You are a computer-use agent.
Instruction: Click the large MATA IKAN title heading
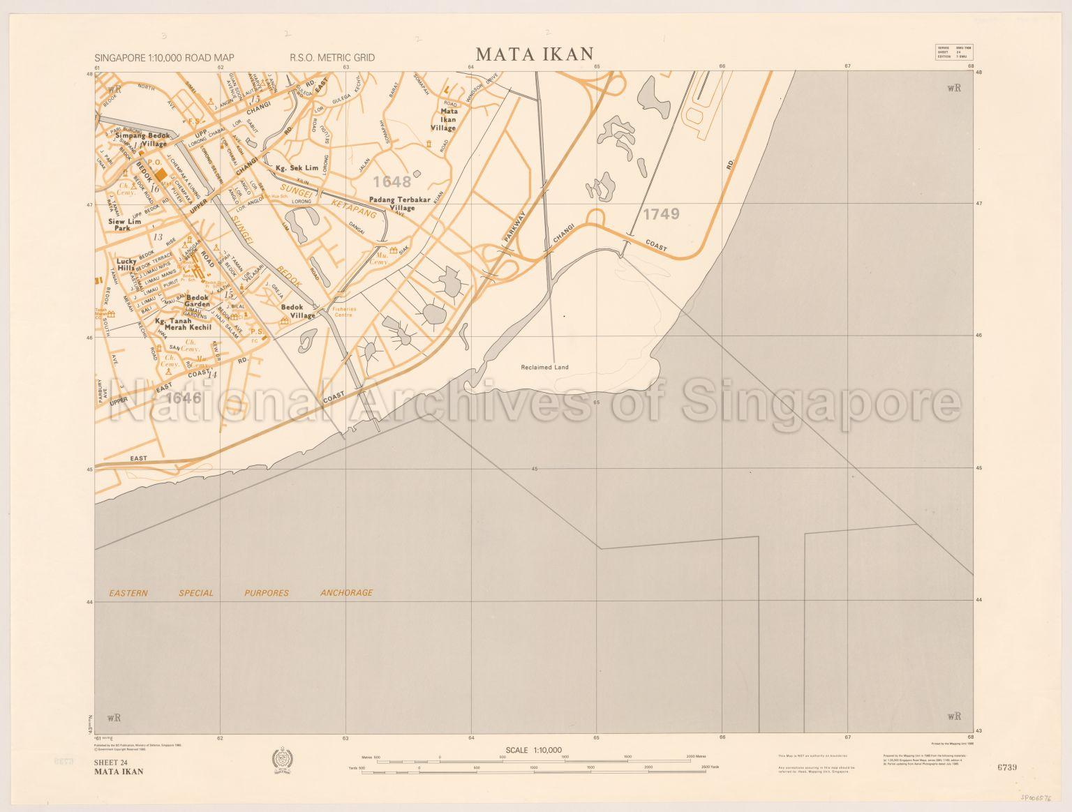click(534, 54)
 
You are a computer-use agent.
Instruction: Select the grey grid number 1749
click(661, 214)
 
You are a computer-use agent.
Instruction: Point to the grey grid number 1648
click(392, 182)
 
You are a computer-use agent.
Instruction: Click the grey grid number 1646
click(185, 398)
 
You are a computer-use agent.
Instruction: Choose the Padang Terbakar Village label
click(392, 204)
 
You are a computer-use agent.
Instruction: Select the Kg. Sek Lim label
click(297, 168)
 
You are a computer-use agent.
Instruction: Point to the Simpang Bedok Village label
click(142, 139)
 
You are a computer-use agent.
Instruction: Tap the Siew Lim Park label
click(124, 225)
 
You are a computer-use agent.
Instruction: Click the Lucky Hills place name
click(126, 264)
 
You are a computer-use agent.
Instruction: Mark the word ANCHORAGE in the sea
click(346, 593)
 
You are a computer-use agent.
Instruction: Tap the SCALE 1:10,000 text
click(534, 750)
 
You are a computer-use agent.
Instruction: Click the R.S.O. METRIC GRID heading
click(332, 58)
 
